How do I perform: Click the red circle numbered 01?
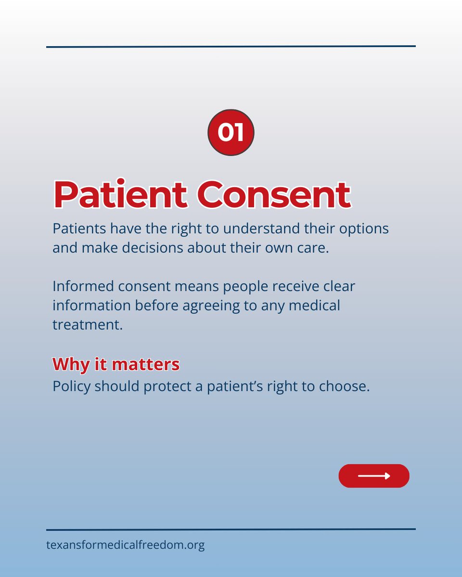(x=231, y=132)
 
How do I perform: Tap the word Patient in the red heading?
(x=120, y=195)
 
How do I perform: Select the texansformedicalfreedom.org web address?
(x=126, y=546)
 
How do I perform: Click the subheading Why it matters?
(x=116, y=364)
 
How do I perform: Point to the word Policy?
(x=71, y=387)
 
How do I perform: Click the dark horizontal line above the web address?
(x=231, y=529)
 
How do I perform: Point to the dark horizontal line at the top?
(x=231, y=46)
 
